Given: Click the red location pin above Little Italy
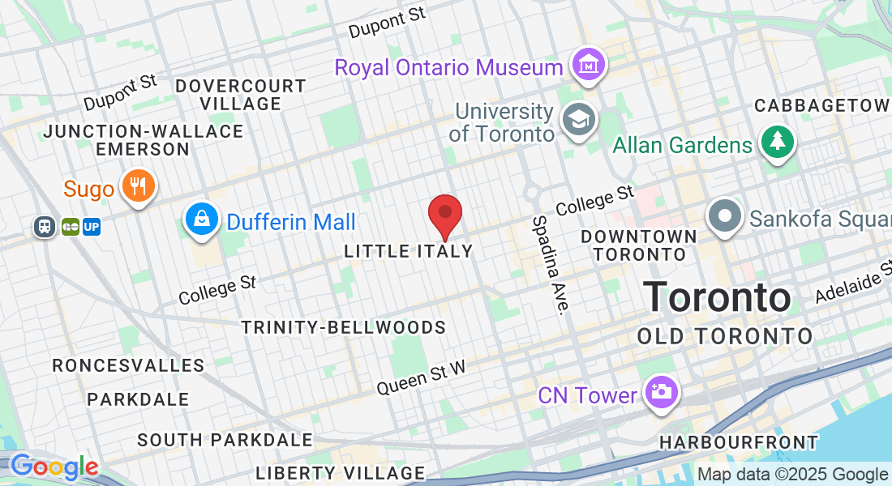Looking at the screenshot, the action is click(x=445, y=213).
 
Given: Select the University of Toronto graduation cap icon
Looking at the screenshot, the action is click(x=580, y=120).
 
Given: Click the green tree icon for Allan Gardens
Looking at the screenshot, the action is click(x=778, y=143).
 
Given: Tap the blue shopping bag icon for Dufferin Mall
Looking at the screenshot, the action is click(x=200, y=218).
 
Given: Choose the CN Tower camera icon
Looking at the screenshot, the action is click(x=661, y=392).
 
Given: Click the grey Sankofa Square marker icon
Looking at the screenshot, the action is click(x=725, y=216).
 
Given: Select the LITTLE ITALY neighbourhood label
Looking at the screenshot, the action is click(x=409, y=251).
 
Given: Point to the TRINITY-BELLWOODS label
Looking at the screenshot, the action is click(x=344, y=327).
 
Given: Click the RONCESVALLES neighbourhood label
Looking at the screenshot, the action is click(x=129, y=365).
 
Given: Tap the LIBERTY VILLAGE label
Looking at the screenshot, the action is click(x=341, y=473).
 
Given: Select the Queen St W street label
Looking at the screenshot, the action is click(x=422, y=377).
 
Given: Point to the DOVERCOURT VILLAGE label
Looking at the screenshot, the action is click(x=241, y=95).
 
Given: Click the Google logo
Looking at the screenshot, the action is click(x=54, y=467).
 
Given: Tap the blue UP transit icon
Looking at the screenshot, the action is click(x=92, y=227).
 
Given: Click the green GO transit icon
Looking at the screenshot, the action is click(x=70, y=227).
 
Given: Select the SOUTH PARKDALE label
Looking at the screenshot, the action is click(x=225, y=440).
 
